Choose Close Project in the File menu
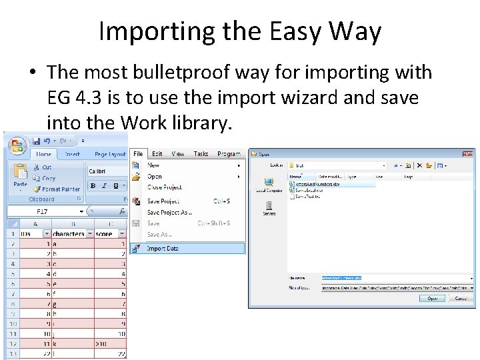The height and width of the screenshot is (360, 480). [164, 187]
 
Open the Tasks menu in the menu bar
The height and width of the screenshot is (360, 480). [201, 154]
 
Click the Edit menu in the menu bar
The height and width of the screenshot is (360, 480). [157, 154]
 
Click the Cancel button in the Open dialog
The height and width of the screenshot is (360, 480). [460, 299]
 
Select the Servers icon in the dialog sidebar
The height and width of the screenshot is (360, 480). [269, 209]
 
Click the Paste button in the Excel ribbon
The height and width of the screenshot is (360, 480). [20, 177]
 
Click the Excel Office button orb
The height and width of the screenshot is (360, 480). [16, 143]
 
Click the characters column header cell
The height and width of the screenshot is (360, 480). [69, 234]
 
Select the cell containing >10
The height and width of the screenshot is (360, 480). [103, 344]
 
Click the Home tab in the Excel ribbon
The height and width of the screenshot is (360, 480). [43, 154]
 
